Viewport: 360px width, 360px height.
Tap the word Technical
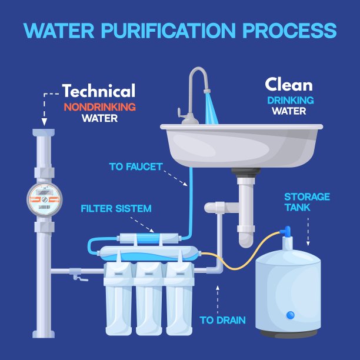click(x=99, y=91)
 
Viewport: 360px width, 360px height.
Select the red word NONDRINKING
click(x=99, y=106)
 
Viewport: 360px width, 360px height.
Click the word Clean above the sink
click(x=288, y=85)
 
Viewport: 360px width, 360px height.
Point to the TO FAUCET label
click(x=135, y=167)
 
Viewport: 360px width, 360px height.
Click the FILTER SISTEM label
click(x=116, y=209)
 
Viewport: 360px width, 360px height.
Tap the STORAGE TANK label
click(x=307, y=202)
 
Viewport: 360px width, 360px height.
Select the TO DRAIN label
click(x=222, y=321)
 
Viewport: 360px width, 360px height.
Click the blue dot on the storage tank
click(x=290, y=316)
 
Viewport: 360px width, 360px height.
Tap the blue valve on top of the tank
click(x=286, y=231)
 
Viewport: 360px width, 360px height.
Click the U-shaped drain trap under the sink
click(x=246, y=232)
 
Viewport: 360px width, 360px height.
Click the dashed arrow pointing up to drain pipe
click(x=218, y=297)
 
